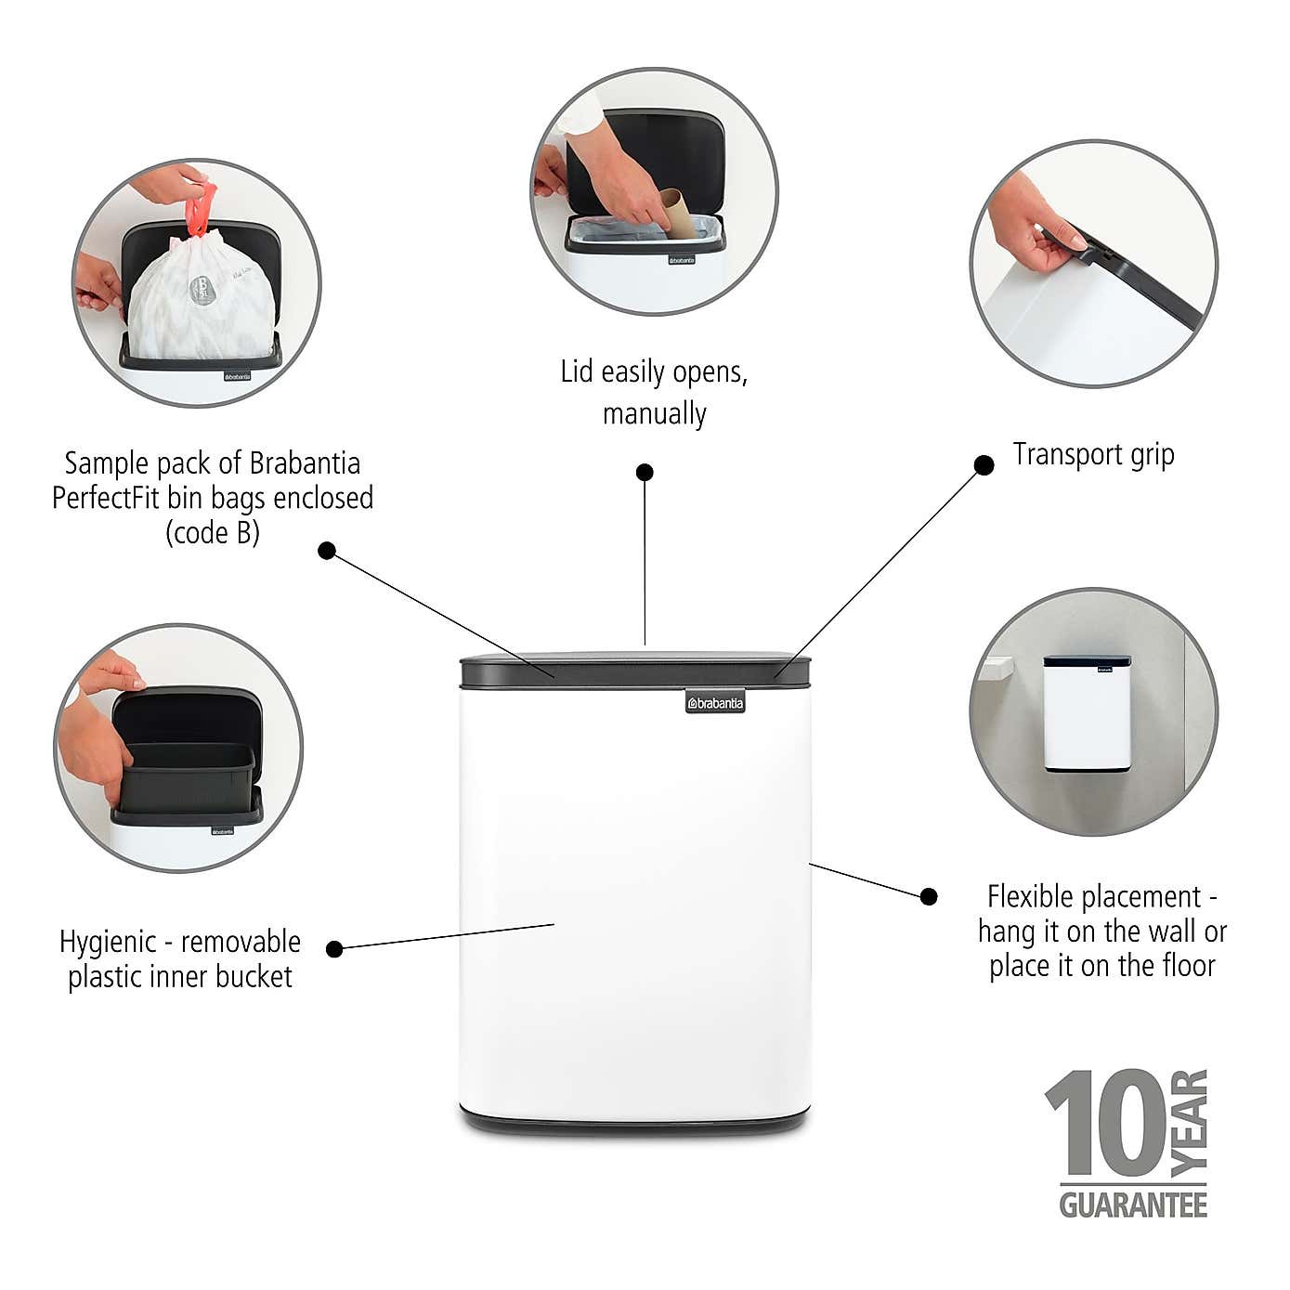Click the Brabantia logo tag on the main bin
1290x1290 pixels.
[715, 703]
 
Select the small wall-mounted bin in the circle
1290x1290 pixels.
[1087, 713]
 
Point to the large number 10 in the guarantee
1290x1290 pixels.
[1105, 1124]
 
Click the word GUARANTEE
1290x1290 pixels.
[1133, 1205]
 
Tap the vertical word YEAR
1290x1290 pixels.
[1190, 1123]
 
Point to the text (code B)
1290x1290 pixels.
[212, 532]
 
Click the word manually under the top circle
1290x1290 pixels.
[654, 413]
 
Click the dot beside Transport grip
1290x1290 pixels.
[984, 464]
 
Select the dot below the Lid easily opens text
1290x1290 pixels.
[645, 472]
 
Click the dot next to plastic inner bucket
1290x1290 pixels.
[335, 948]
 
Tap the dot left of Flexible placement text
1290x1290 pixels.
[928, 896]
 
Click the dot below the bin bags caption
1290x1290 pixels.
[326, 550]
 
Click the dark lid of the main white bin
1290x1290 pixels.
[636, 670]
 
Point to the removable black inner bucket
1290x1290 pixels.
[186, 775]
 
